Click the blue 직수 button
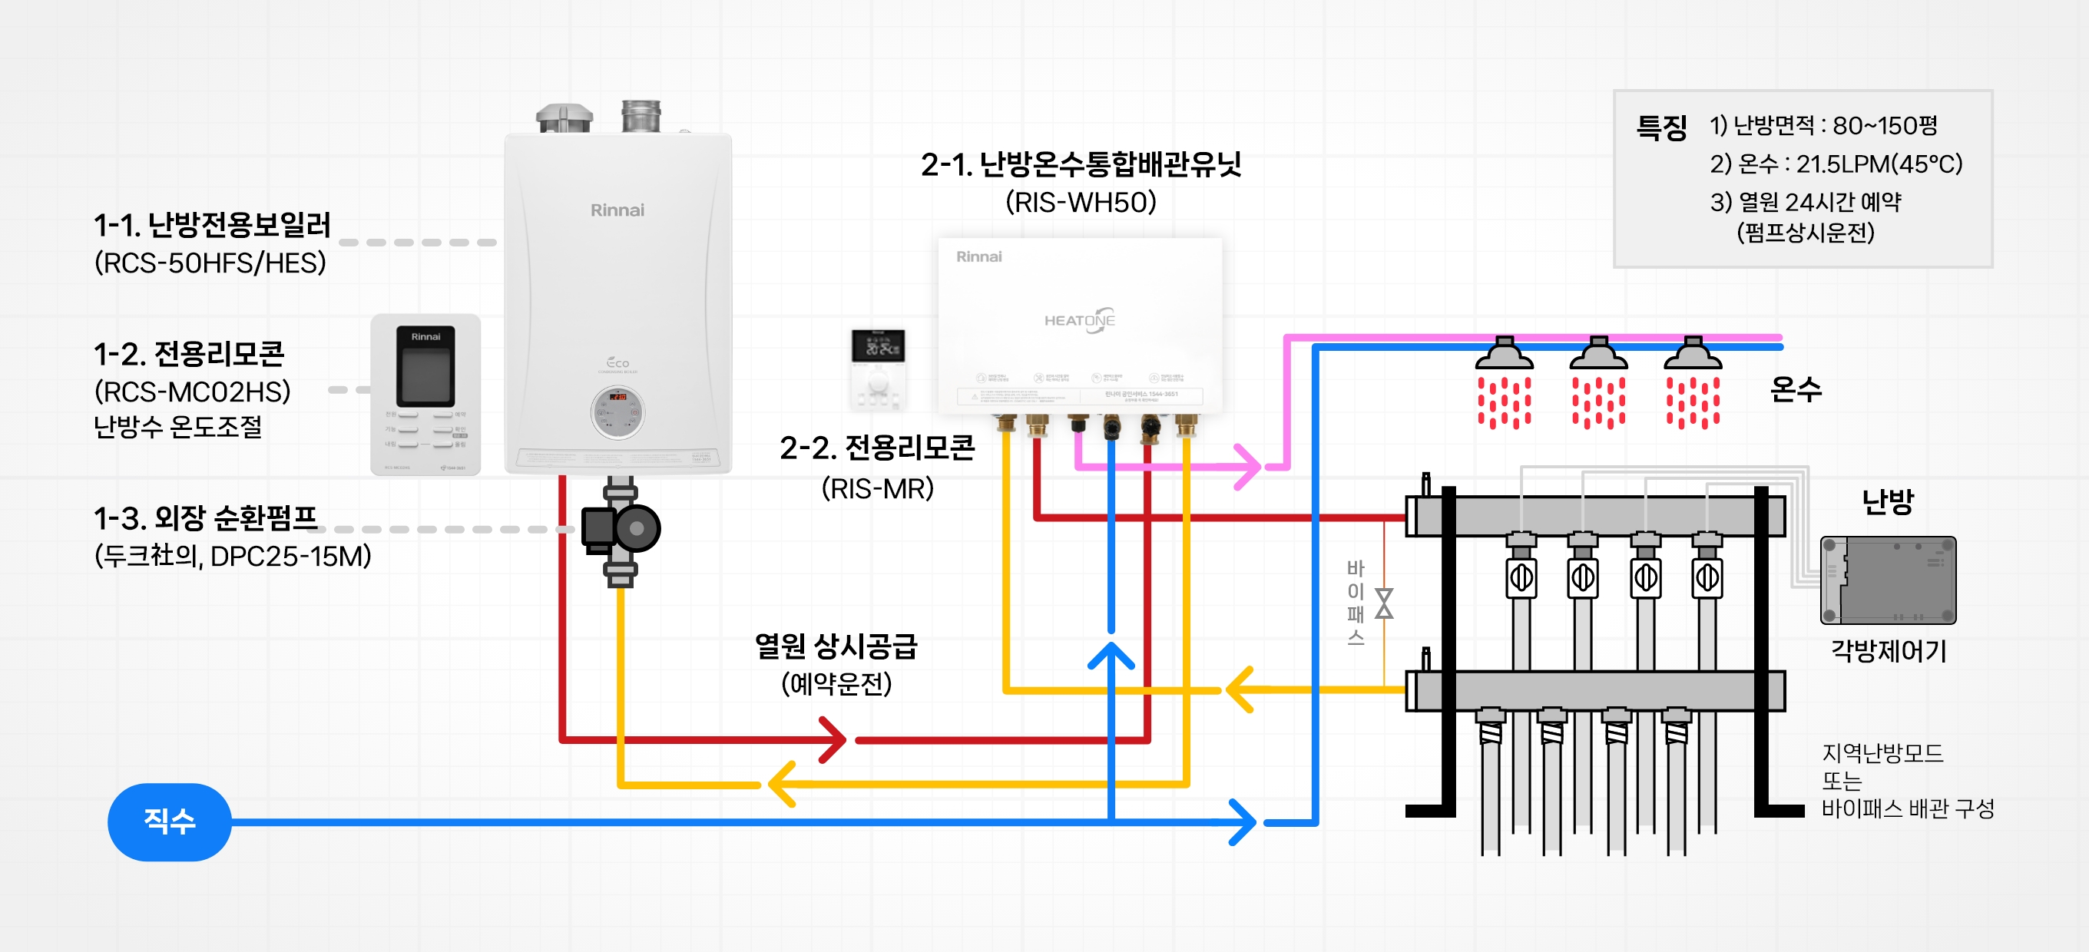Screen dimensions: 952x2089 click(x=170, y=821)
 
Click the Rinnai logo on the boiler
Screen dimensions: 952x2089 click(x=617, y=210)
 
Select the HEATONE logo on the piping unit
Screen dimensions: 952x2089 click(x=1079, y=319)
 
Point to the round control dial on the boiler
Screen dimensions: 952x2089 click(x=617, y=413)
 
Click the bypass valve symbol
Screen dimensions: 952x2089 click(x=1384, y=603)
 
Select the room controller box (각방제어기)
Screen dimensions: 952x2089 click(x=1888, y=580)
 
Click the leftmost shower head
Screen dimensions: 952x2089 click(x=1505, y=355)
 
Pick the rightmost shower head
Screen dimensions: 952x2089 click(x=1693, y=355)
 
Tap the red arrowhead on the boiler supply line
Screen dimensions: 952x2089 click(x=833, y=739)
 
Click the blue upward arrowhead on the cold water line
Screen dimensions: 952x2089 click(x=1111, y=655)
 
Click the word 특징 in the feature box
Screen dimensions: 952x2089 click(x=1660, y=127)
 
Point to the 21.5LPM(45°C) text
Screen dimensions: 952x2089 click(x=1879, y=164)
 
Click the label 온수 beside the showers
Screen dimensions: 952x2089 click(x=1796, y=389)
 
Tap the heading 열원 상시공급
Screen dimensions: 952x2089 click(x=836, y=646)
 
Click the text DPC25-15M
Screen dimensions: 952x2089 click(x=290, y=557)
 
